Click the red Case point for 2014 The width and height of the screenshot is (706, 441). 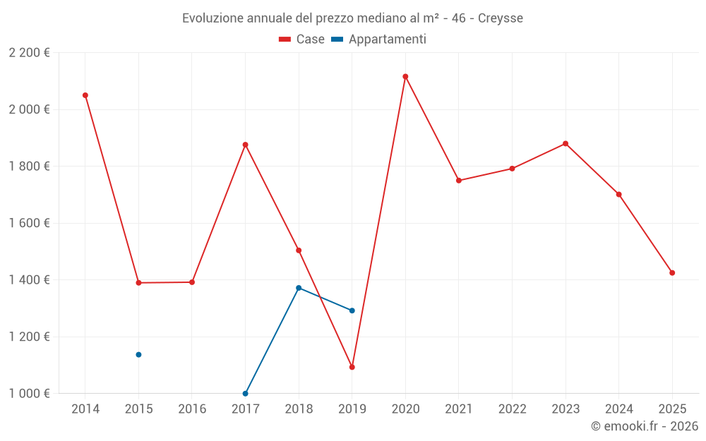click(85, 95)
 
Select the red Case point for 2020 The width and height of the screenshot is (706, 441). click(405, 76)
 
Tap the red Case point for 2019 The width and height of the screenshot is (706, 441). click(352, 367)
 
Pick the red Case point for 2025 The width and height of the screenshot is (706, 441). click(672, 273)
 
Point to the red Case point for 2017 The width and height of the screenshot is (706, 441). click(245, 145)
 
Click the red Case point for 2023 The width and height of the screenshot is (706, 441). click(566, 144)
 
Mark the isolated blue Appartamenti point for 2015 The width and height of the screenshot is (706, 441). click(138, 354)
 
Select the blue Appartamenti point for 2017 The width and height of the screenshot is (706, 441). click(245, 394)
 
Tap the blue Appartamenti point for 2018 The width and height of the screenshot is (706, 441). click(299, 288)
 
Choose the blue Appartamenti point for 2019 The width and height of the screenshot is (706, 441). click(352, 310)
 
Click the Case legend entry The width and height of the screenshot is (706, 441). click(301, 40)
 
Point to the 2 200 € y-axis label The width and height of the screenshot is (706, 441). click(29, 53)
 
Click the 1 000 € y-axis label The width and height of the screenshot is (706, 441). click(29, 394)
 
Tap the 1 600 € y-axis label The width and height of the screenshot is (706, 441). click(29, 223)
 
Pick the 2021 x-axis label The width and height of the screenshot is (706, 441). click(459, 409)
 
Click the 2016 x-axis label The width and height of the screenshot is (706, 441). click(192, 409)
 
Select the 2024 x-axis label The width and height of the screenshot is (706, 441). click(618, 409)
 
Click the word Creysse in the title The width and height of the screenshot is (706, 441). click(501, 18)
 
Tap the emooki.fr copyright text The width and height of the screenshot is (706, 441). click(645, 426)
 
